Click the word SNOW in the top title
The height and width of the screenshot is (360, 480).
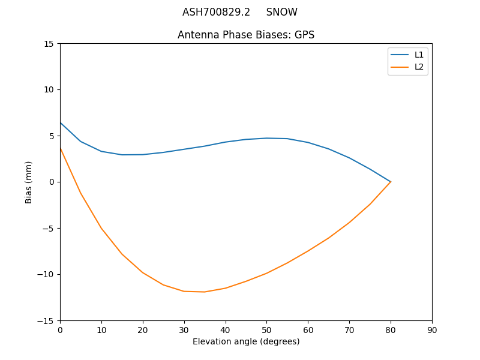click(x=281, y=12)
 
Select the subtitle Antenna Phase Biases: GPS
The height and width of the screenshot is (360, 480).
click(x=246, y=35)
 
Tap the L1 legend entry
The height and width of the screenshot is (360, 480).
click(x=419, y=55)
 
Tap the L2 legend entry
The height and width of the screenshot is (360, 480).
click(x=419, y=67)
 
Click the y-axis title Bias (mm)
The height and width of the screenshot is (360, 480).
click(x=29, y=182)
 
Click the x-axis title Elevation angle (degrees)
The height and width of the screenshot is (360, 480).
click(x=246, y=342)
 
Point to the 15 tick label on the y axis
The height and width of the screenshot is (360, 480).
click(x=49, y=44)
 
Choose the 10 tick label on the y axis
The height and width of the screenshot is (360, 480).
click(x=49, y=90)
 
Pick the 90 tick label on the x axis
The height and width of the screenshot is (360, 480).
click(x=432, y=330)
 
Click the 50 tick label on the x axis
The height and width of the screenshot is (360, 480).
click(x=266, y=330)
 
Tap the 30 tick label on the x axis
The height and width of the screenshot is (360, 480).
click(x=184, y=330)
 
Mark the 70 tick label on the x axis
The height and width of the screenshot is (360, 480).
click(x=349, y=330)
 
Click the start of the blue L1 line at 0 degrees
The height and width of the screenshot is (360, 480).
click(x=61, y=123)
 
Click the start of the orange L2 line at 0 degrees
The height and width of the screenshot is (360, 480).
click(x=61, y=148)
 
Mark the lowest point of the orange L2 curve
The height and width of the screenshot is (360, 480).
click(x=205, y=292)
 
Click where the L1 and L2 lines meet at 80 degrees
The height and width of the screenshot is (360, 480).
click(x=391, y=182)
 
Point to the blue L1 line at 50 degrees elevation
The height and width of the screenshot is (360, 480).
click(x=266, y=138)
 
